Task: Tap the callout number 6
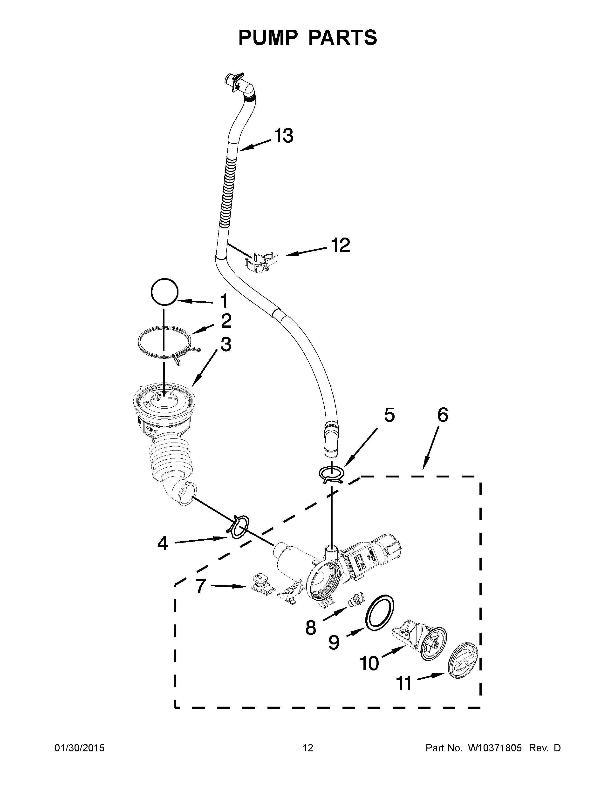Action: click(442, 415)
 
